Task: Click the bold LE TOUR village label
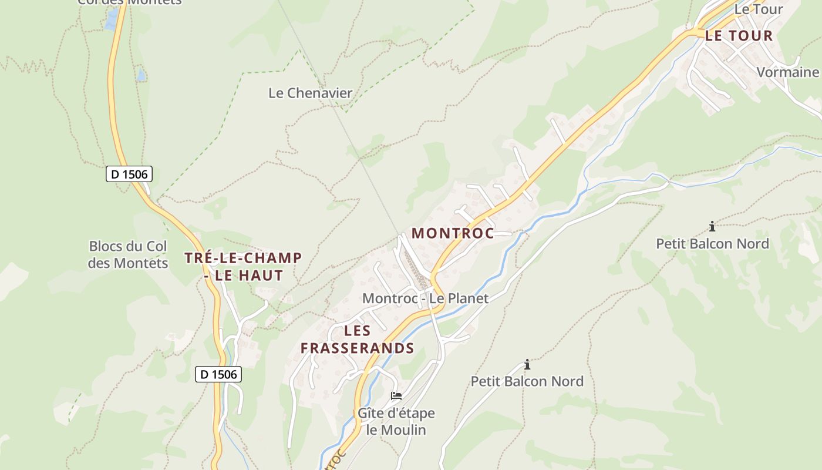click(x=739, y=36)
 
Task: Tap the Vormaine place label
click(x=787, y=72)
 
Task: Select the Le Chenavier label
click(x=310, y=93)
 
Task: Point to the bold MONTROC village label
click(x=452, y=233)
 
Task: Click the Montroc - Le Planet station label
click(x=425, y=298)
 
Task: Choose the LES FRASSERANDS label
click(x=357, y=339)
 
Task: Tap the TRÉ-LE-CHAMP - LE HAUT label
click(x=243, y=266)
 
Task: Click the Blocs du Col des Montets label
click(x=128, y=254)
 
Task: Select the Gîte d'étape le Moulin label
click(x=396, y=421)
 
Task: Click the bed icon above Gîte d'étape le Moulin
click(x=396, y=396)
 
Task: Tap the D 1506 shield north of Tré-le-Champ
click(x=129, y=174)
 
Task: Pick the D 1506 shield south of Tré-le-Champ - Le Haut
click(x=218, y=374)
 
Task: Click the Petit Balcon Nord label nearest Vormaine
click(x=712, y=243)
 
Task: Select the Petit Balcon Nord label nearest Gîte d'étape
click(x=527, y=381)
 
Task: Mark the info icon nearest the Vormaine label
click(x=712, y=226)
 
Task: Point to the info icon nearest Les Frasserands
click(x=527, y=364)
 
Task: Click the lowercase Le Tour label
click(x=759, y=9)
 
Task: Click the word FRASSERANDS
click(x=357, y=348)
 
